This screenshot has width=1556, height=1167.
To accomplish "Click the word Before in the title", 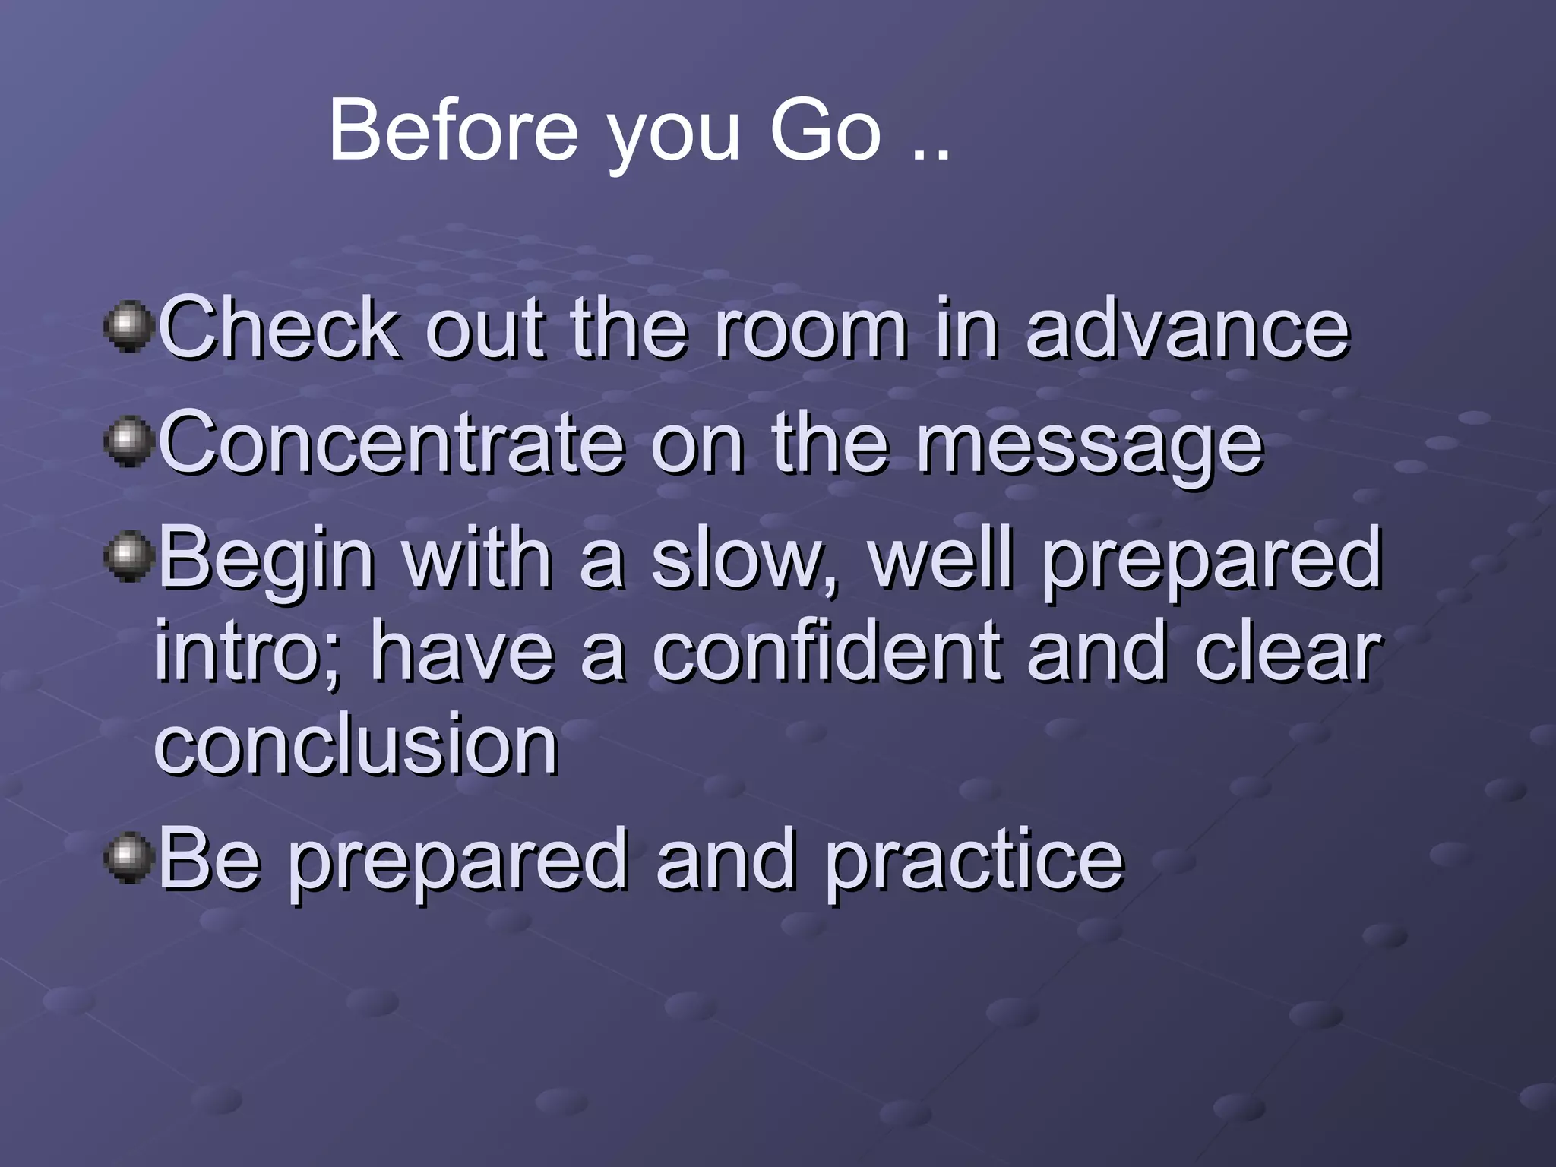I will [x=453, y=131].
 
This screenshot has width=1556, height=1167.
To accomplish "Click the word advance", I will [x=1187, y=328].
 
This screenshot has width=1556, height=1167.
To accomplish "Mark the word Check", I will [x=279, y=328].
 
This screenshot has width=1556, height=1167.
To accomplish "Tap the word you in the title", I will [x=672, y=137].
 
